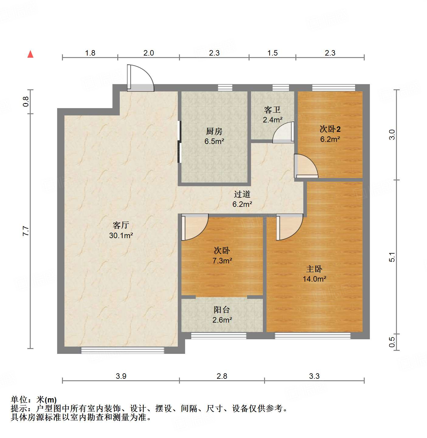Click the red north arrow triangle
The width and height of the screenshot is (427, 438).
pyautogui.click(x=30, y=54)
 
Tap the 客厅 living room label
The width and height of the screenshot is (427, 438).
pyautogui.click(x=121, y=225)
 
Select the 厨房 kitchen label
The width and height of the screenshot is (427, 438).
pyautogui.click(x=214, y=131)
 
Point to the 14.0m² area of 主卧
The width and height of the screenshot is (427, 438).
pyautogui.click(x=315, y=279)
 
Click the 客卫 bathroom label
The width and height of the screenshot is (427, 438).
pyautogui.click(x=272, y=109)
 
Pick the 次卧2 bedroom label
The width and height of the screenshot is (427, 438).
pyautogui.click(x=330, y=129)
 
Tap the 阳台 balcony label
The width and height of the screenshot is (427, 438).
pyautogui.click(x=222, y=310)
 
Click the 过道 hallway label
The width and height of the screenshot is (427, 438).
pyautogui.click(x=242, y=194)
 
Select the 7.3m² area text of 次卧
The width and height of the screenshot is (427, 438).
pyautogui.click(x=222, y=261)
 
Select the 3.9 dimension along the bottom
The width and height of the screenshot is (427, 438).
pyautogui.click(x=121, y=376)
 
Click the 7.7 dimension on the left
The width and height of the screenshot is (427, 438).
pyautogui.click(x=26, y=231)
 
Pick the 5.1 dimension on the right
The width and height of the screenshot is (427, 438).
pyautogui.click(x=392, y=257)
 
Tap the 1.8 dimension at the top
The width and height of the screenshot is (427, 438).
pyautogui.click(x=90, y=53)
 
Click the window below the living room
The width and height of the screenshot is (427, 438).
pyautogui.click(x=122, y=351)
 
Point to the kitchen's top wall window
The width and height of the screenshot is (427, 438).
pyautogui.click(x=225, y=88)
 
